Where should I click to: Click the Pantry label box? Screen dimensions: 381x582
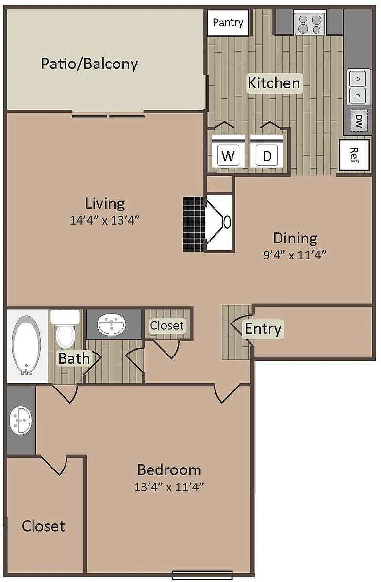click(x=228, y=23)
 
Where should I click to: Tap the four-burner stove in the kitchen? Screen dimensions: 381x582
click(x=310, y=24)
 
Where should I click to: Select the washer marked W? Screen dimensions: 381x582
click(x=228, y=151)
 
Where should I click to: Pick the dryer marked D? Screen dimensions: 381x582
click(x=266, y=151)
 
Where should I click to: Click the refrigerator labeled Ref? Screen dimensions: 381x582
click(x=354, y=155)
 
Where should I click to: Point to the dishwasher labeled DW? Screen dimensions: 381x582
click(x=359, y=121)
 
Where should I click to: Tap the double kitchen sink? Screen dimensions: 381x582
click(x=358, y=87)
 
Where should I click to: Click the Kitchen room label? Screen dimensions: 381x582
click(x=274, y=83)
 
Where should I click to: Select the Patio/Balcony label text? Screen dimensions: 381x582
click(x=89, y=64)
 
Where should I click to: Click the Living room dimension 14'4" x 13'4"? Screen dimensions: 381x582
click(x=105, y=220)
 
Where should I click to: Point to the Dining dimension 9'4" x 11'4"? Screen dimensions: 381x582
click(x=295, y=255)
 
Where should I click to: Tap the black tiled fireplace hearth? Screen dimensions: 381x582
click(x=194, y=224)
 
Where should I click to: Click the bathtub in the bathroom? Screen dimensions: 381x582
click(x=26, y=345)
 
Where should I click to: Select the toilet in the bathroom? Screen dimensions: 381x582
click(x=65, y=328)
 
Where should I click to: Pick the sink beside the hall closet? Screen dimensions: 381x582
click(x=111, y=324)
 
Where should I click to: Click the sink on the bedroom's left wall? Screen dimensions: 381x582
click(x=20, y=420)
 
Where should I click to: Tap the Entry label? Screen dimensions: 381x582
click(x=263, y=329)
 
